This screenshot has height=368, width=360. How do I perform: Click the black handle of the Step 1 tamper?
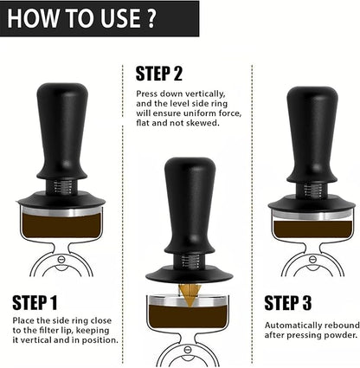(61, 130)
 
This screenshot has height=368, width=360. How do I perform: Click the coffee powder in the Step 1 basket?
(61, 227)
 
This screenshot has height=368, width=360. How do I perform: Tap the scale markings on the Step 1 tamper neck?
(62, 184)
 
